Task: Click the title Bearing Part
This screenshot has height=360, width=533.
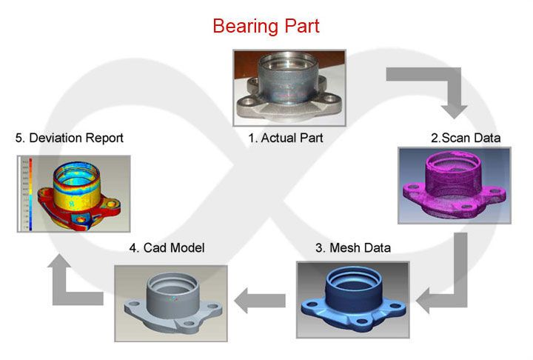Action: coord(266,25)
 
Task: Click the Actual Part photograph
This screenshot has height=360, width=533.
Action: coord(289,88)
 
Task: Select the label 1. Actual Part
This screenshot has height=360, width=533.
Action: coord(285,137)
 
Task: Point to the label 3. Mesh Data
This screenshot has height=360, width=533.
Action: coord(353,247)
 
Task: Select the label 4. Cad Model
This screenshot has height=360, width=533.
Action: coord(167,247)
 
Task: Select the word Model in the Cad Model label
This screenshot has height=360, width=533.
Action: coord(185,247)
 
